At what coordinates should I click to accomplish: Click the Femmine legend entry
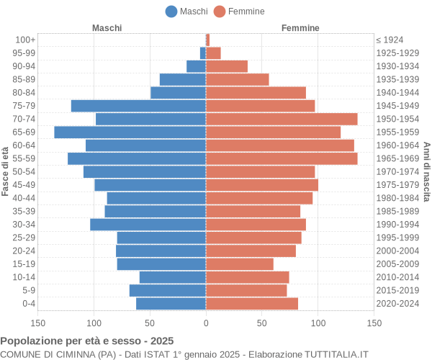(x=238, y=11)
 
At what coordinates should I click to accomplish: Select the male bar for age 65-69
(x=130, y=132)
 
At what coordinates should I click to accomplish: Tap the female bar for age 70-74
(x=282, y=119)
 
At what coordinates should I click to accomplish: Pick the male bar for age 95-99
(x=203, y=53)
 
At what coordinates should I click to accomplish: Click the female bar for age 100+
(x=207, y=40)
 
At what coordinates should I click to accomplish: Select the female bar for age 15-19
(x=240, y=264)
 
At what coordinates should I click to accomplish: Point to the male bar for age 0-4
(x=171, y=304)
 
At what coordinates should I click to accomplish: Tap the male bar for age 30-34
(x=148, y=225)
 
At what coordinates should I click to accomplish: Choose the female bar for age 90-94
(x=227, y=66)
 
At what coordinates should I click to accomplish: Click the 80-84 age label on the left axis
(x=24, y=92)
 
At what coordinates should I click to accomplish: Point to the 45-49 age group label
(x=24, y=185)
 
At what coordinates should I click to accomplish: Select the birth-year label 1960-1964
(x=397, y=145)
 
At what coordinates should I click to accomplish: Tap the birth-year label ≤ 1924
(x=390, y=40)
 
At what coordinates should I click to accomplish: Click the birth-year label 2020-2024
(x=397, y=304)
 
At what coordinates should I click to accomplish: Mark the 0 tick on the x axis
(x=206, y=324)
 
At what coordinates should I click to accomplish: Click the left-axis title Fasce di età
(x=6, y=171)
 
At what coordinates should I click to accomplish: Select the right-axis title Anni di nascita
(x=426, y=171)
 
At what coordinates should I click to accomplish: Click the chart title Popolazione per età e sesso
(x=87, y=341)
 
